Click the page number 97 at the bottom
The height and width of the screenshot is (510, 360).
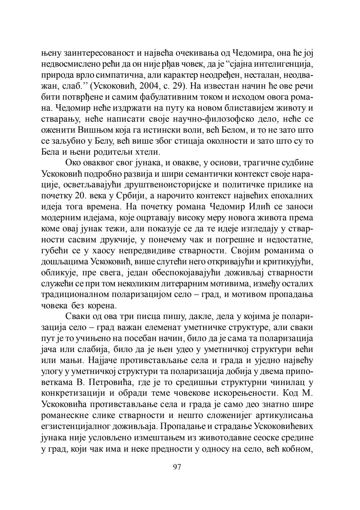pyautogui.click(x=177, y=467)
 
